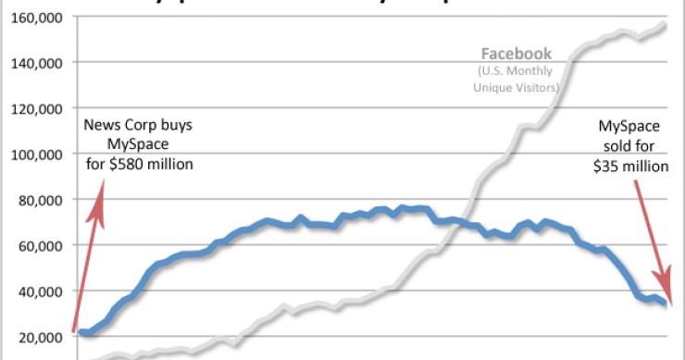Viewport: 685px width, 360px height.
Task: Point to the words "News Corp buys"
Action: coord(139,125)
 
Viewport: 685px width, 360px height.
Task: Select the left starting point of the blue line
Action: coord(80,332)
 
